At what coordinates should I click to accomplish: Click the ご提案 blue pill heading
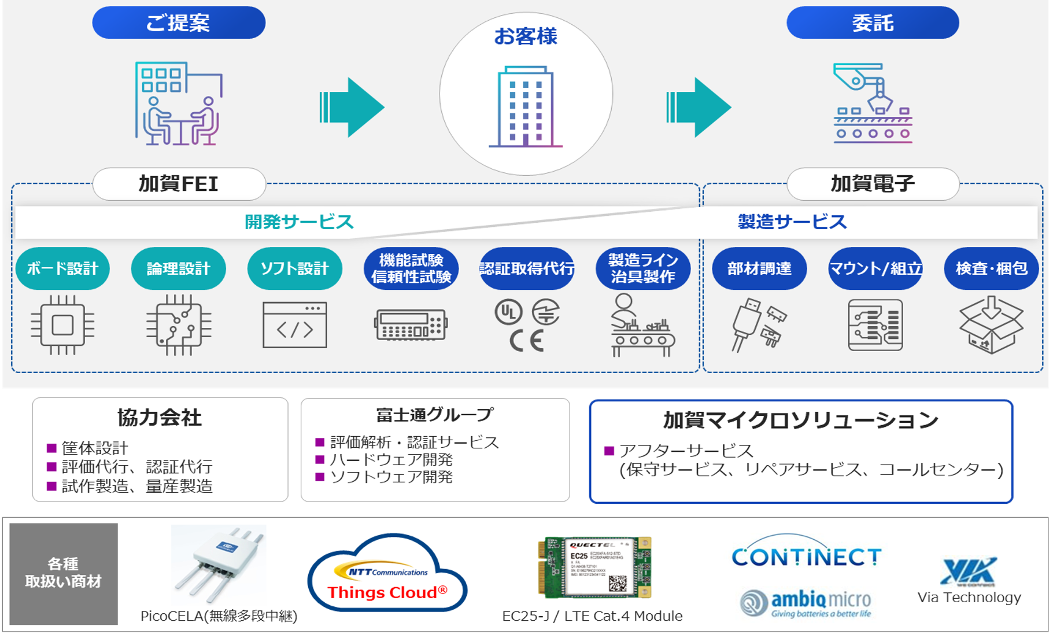[x=179, y=23]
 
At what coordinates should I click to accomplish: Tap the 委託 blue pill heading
[x=873, y=23]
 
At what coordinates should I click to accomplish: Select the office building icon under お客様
[x=525, y=106]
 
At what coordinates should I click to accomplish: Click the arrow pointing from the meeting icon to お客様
[x=352, y=108]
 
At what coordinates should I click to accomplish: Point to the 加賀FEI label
[x=179, y=184]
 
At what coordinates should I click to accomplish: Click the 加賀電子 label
[x=873, y=184]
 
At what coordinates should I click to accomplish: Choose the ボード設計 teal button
[x=62, y=268]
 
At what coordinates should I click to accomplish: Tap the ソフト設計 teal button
[x=294, y=268]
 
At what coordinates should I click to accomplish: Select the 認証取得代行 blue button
[x=527, y=268]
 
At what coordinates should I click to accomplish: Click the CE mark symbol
[x=526, y=341]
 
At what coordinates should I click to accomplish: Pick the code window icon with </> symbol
[x=295, y=325]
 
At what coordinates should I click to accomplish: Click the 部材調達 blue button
[x=759, y=268]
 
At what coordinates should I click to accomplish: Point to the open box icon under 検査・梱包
[x=991, y=325]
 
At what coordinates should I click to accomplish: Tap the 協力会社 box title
[x=160, y=418]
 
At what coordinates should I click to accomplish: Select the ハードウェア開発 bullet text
[x=391, y=460]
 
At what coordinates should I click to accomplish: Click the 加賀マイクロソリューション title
[x=800, y=421]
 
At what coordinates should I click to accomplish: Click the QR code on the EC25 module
[x=617, y=583]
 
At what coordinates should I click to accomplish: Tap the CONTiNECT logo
[x=806, y=557]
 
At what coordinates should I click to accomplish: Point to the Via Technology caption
[x=969, y=598]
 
